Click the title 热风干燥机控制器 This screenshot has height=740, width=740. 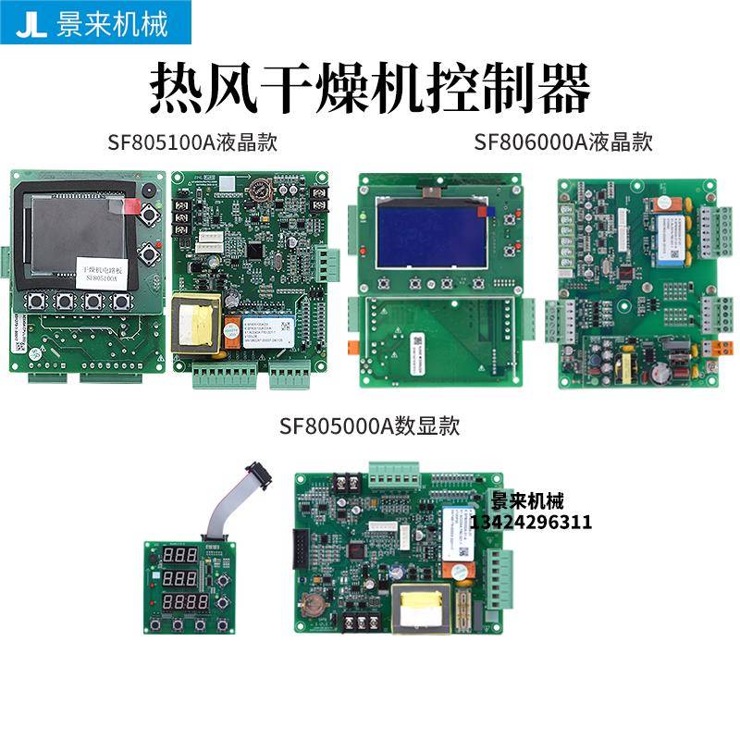tap(370, 88)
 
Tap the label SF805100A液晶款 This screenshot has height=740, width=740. tap(192, 142)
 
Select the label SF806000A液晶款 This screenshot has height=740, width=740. tap(563, 142)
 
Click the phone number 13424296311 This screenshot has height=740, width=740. tap(531, 523)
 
